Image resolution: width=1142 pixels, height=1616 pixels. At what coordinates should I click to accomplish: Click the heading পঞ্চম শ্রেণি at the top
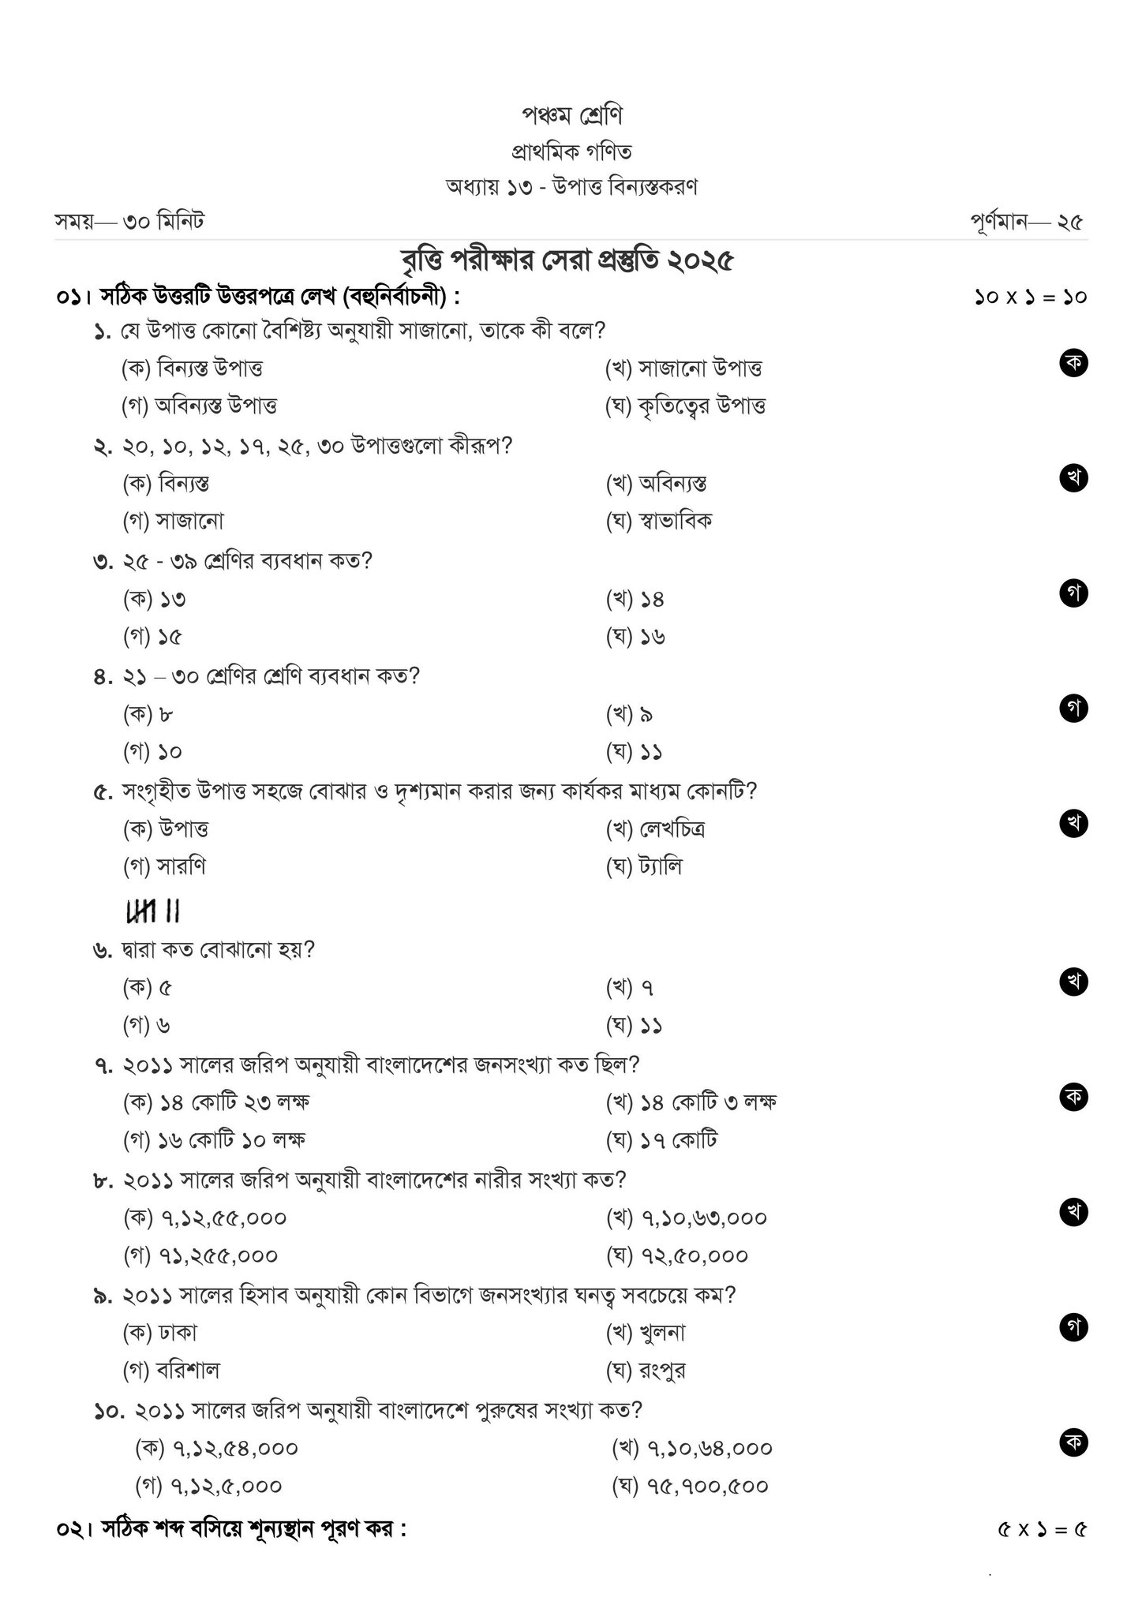(571, 115)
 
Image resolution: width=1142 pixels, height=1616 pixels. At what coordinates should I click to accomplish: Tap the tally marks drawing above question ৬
(153, 912)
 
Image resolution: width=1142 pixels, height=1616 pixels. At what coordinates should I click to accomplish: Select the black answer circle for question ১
(1073, 362)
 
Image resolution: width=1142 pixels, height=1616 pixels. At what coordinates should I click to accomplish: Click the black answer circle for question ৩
(1073, 593)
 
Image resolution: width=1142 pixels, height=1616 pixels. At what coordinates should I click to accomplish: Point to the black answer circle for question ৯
(1073, 1328)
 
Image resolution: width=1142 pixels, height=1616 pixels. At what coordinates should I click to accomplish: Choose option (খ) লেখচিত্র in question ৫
(654, 829)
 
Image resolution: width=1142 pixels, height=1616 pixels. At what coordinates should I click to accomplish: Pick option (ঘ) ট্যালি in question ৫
(643, 866)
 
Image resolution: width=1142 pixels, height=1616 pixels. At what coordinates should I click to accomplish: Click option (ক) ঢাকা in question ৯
(159, 1333)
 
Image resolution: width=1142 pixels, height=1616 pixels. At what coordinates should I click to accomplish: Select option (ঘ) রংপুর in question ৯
(646, 1371)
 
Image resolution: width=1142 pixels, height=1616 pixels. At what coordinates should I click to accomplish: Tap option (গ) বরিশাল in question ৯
(170, 1371)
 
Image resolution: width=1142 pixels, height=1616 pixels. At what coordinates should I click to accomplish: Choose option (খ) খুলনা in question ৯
(646, 1333)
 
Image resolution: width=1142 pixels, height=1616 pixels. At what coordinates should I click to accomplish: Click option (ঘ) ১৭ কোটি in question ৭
(661, 1139)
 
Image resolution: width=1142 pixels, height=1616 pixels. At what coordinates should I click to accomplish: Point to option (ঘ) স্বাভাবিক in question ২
(658, 521)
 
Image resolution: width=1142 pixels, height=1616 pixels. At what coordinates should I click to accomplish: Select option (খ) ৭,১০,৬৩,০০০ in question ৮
(686, 1218)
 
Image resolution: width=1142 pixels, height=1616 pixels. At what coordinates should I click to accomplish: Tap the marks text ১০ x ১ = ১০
(1030, 297)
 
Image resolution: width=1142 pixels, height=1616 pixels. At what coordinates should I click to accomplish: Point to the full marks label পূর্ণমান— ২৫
(1027, 223)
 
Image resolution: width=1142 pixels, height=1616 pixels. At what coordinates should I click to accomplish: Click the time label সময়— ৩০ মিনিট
(129, 222)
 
